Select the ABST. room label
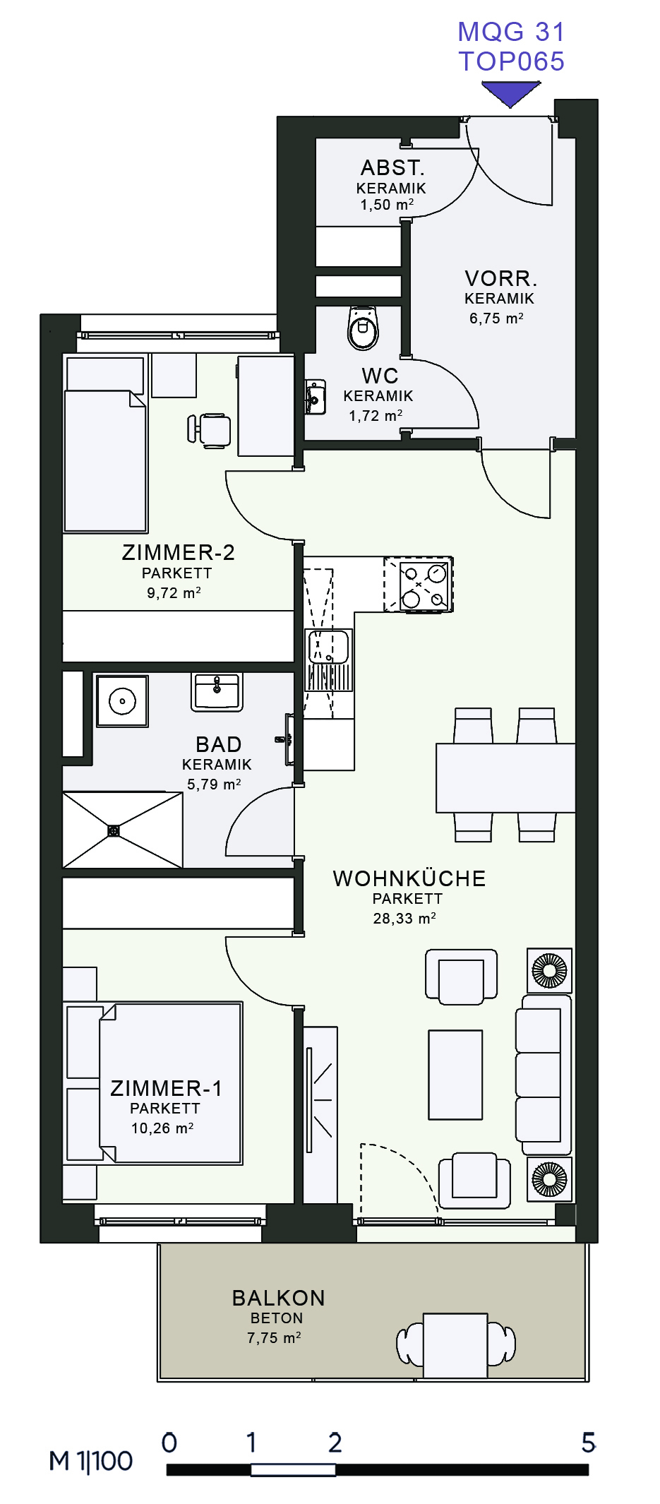(392, 168)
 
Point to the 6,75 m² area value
(497, 318)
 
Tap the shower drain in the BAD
(114, 830)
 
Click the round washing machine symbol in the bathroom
(122, 701)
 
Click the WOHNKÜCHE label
(409, 878)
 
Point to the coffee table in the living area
(456, 1075)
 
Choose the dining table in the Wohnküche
(505, 777)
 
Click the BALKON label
(279, 1298)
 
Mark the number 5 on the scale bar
(588, 1442)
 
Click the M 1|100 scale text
(91, 1461)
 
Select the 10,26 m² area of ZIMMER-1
(162, 1128)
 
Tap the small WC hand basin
(315, 398)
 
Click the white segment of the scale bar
(293, 1469)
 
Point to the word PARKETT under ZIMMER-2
(177, 573)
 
